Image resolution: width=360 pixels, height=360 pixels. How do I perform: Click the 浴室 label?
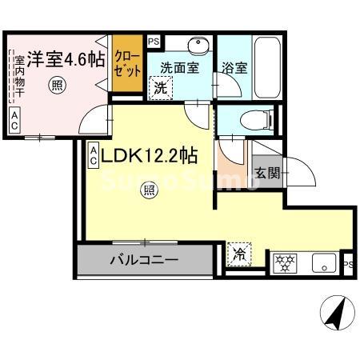click(x=235, y=69)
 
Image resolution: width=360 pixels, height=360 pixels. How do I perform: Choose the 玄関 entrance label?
click(x=266, y=173)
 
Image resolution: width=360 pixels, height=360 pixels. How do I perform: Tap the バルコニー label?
click(x=144, y=259)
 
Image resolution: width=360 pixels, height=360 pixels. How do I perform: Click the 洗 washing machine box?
click(x=161, y=87)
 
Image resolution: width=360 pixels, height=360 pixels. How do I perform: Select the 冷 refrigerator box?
click(x=239, y=255)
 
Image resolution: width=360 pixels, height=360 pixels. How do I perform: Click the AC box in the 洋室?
click(x=14, y=121)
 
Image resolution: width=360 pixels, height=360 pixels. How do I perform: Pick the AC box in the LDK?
click(x=93, y=154)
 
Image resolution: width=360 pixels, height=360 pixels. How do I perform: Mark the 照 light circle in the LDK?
click(x=148, y=190)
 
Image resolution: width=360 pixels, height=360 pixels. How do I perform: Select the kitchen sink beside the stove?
click(x=322, y=260)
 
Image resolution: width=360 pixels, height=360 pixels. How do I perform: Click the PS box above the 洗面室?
click(x=153, y=41)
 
